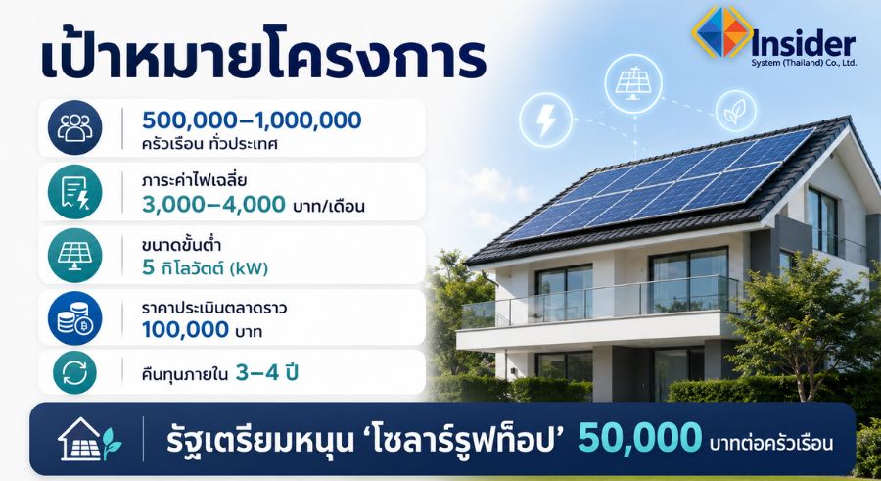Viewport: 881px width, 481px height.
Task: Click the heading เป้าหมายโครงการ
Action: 263,57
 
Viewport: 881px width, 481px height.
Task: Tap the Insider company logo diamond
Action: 722,31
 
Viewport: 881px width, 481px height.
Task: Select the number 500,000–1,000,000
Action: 252,120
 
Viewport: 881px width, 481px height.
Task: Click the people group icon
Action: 74,127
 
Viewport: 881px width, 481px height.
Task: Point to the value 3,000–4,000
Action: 214,204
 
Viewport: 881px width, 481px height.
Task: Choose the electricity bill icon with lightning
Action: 74,192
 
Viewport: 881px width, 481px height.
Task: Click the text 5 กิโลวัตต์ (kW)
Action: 206,267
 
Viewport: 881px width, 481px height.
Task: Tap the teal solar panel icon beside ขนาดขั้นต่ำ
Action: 74,256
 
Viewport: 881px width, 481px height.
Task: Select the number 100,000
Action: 186,330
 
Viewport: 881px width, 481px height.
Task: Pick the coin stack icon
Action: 74,317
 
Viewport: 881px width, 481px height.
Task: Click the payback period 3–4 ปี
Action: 266,372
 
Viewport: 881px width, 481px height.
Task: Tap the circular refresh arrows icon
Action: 74,372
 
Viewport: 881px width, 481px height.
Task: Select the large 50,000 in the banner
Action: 640,438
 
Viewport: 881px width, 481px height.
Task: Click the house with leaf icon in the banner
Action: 90,440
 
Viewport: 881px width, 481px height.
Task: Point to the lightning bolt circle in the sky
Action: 545,120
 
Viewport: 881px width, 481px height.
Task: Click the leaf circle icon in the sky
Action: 735,111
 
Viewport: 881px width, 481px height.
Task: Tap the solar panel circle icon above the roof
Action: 633,83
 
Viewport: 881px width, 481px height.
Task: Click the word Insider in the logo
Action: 803,43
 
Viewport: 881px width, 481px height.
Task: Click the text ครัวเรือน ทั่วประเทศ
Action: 210,143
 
